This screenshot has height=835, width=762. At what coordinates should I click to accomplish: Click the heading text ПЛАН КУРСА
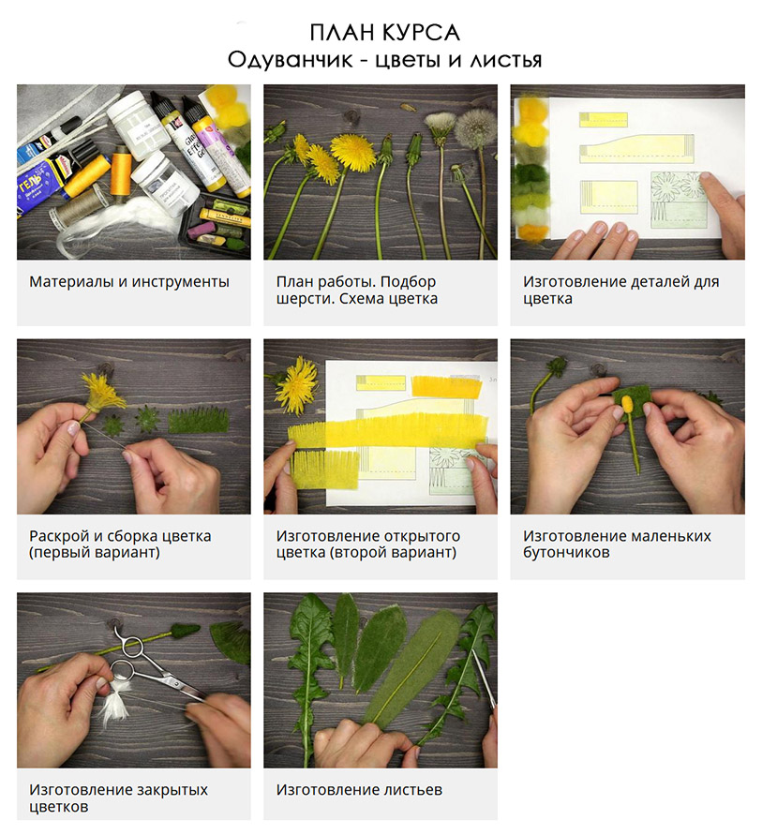[x=384, y=33]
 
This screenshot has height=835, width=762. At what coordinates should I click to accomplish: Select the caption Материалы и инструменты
[x=129, y=282]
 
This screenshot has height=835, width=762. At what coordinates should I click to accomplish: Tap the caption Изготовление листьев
[x=359, y=790]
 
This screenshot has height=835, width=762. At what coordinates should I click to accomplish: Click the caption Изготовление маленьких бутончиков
[x=617, y=544]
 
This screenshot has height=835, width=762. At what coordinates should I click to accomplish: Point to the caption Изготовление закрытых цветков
[x=118, y=798]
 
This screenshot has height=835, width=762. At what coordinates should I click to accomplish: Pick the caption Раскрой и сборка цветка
[x=120, y=536]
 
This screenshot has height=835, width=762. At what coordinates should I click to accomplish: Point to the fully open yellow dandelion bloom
[x=352, y=153]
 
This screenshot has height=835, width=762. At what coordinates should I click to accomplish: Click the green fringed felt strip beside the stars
[x=198, y=420]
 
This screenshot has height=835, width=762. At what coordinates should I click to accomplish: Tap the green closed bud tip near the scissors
[x=185, y=631]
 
